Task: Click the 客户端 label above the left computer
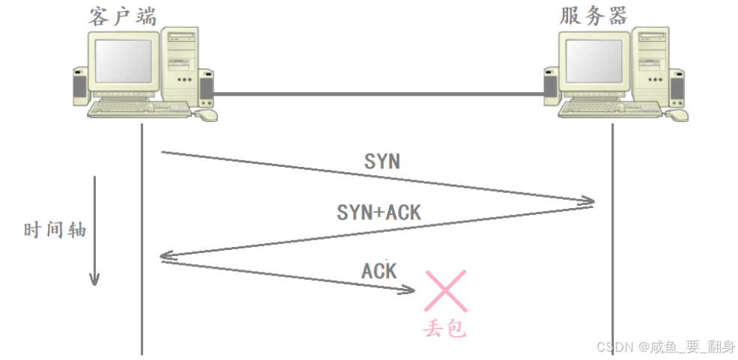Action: tap(123, 16)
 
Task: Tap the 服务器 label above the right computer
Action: tap(594, 16)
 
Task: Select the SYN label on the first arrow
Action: tap(382, 161)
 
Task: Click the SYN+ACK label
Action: tap(379, 213)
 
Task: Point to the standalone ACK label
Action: tap(379, 270)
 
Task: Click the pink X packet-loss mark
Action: tap(445, 291)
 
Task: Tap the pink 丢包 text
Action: tap(445, 328)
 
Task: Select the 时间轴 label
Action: tap(55, 230)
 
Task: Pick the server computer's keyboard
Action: tap(610, 109)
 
